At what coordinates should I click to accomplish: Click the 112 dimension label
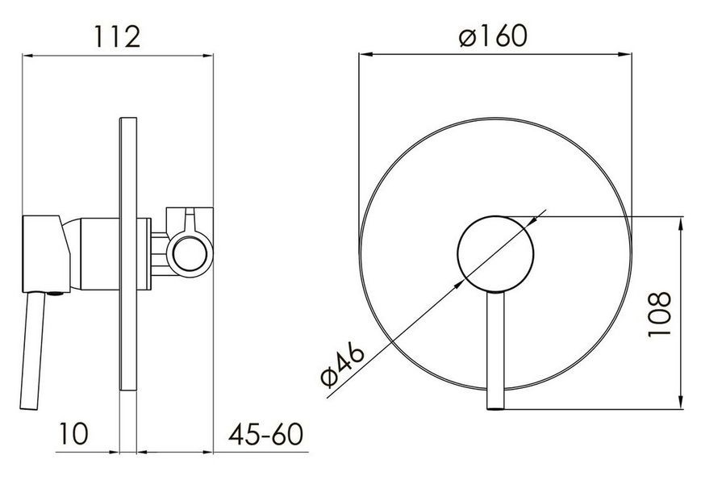click(117, 36)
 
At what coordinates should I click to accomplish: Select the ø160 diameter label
click(493, 35)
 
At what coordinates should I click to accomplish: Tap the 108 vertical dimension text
click(660, 314)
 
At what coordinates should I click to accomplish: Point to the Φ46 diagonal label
click(343, 366)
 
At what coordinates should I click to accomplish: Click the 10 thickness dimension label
click(74, 433)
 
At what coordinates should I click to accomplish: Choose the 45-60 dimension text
click(265, 433)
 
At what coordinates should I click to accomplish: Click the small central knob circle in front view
click(495, 253)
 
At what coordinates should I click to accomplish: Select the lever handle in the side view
click(32, 351)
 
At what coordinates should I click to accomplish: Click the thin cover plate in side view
click(128, 255)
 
